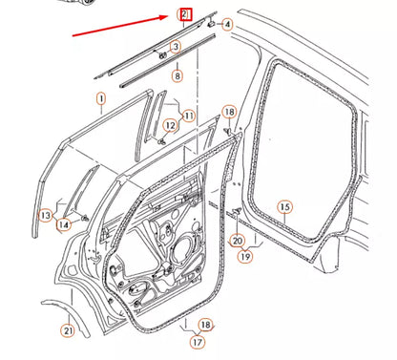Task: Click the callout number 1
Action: [100, 98]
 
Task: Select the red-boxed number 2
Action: [185, 15]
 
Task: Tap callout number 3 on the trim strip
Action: [175, 46]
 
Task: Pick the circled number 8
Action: [177, 75]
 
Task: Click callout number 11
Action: [188, 116]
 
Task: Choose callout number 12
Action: [169, 125]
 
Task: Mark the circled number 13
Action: [45, 216]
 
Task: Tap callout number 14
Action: [64, 225]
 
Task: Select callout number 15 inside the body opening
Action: [283, 206]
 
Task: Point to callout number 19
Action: [244, 257]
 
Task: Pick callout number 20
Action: [237, 243]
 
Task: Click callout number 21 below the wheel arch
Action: [67, 331]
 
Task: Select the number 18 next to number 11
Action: [228, 113]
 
